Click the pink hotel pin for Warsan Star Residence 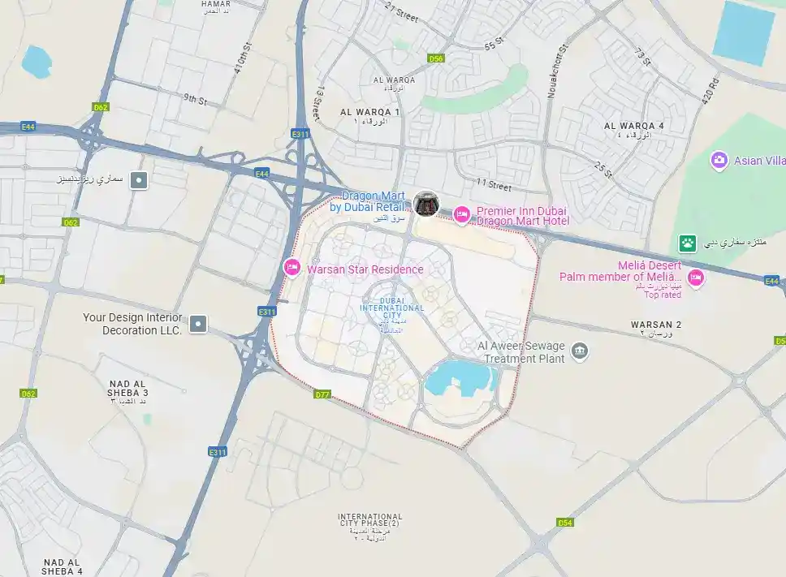pos(292,267)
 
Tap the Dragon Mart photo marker pos(425,204)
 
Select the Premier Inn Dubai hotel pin pos(461,214)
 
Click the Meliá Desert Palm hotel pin pos(695,278)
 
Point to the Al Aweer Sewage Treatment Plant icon pos(579,351)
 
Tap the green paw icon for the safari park pos(688,243)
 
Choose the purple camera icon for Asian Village pos(719,160)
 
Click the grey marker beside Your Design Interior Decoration pos(196,325)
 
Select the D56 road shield pos(436,58)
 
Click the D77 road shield pos(322,394)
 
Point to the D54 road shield pos(565,523)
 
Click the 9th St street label pos(195,100)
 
